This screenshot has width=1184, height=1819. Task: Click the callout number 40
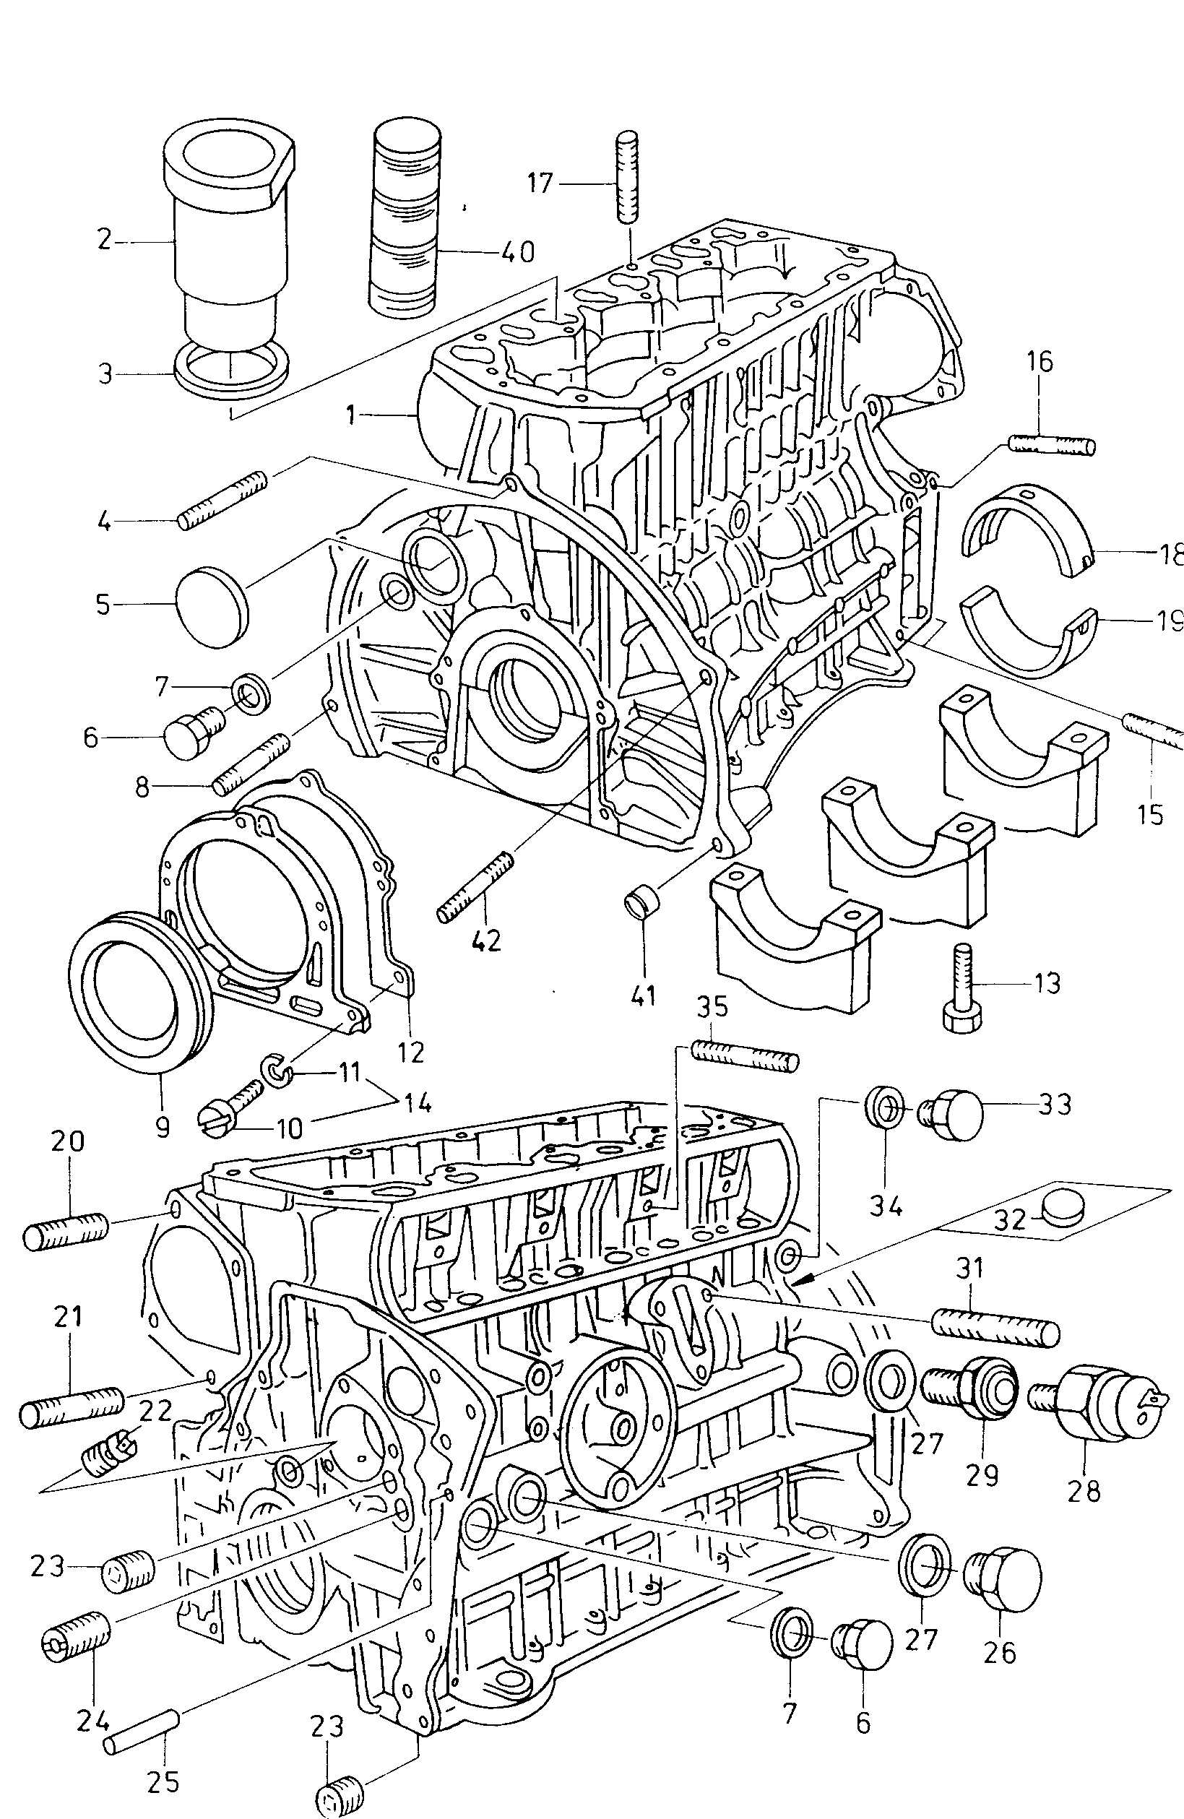(x=517, y=251)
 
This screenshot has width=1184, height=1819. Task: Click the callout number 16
(x=1040, y=360)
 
